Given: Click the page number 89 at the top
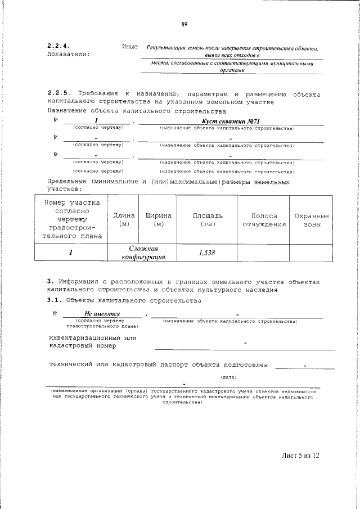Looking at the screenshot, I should click(184, 24).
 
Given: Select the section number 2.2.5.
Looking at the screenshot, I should click(58, 94).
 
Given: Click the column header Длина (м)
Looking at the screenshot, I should click(124, 220).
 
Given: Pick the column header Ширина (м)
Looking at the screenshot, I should click(159, 220).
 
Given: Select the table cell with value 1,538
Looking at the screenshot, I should click(207, 253).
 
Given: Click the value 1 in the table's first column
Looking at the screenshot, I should click(71, 253).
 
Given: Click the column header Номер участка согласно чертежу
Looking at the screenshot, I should click(70, 219).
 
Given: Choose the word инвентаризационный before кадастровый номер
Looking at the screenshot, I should click(87, 337).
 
